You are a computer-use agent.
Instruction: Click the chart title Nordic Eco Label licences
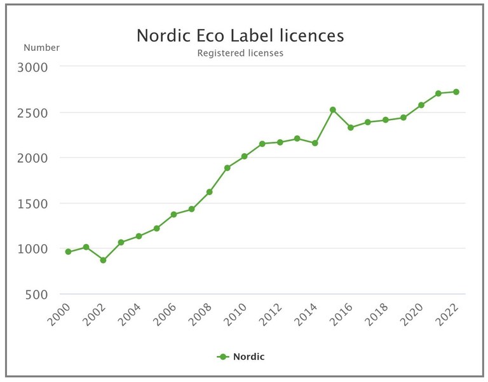pos(240,36)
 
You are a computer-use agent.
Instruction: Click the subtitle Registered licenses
pos(240,53)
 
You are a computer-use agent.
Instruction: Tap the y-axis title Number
pos(41,48)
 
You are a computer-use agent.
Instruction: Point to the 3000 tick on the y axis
pos(41,67)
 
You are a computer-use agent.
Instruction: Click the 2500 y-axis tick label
pos(41,113)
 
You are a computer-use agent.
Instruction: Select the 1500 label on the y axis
pos(41,203)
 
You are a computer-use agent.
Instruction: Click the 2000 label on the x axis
pos(62,313)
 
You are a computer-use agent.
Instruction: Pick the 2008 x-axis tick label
pos(203,313)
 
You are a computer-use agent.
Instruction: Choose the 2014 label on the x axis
pos(308,313)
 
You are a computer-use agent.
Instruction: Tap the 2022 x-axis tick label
pos(449,313)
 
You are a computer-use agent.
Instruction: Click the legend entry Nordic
pos(241,357)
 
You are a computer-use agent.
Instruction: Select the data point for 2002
pos(103,260)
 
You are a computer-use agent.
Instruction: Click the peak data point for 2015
pos(332,110)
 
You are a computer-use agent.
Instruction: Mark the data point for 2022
pos(456,92)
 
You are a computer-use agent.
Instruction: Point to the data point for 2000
pos(68,252)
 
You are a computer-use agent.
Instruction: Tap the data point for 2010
pos(244,156)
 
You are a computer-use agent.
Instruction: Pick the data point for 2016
pos(350,127)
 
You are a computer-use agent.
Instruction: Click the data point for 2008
pos(209,192)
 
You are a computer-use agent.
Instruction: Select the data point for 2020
pos(421,105)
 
